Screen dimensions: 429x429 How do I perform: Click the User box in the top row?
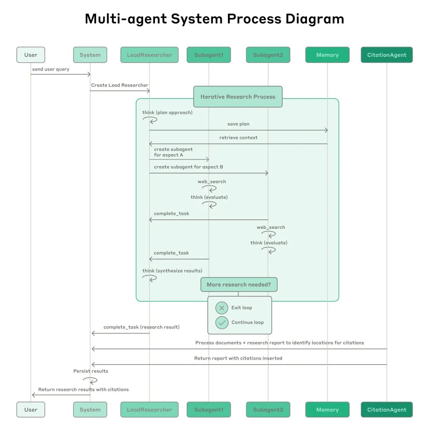tap(31, 55)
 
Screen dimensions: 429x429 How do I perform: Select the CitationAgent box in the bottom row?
tap(386, 410)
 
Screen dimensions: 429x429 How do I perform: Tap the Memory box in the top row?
tap(327, 55)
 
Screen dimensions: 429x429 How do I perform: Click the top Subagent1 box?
tap(209, 55)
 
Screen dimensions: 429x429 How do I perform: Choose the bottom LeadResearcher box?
tap(149, 410)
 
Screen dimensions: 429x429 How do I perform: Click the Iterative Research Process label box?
tap(238, 97)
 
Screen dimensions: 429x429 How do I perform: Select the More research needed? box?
tap(238, 284)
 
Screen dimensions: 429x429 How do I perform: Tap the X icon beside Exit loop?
tap(222, 308)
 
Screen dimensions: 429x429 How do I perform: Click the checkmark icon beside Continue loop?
tap(222, 323)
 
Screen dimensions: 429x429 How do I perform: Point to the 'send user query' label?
tap(51, 69)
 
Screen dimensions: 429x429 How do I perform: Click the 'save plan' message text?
tap(238, 124)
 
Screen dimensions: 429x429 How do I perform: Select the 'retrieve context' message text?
tap(238, 137)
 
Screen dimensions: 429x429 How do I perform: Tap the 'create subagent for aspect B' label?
tap(188, 167)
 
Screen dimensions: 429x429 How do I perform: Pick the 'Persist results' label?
tap(91, 371)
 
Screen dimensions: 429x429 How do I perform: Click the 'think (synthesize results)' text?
tap(172, 271)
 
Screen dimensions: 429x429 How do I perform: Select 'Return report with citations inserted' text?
tap(238, 358)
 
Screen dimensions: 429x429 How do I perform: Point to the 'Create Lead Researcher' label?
tap(120, 85)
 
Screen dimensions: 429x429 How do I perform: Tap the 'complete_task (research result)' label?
tap(141, 327)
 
